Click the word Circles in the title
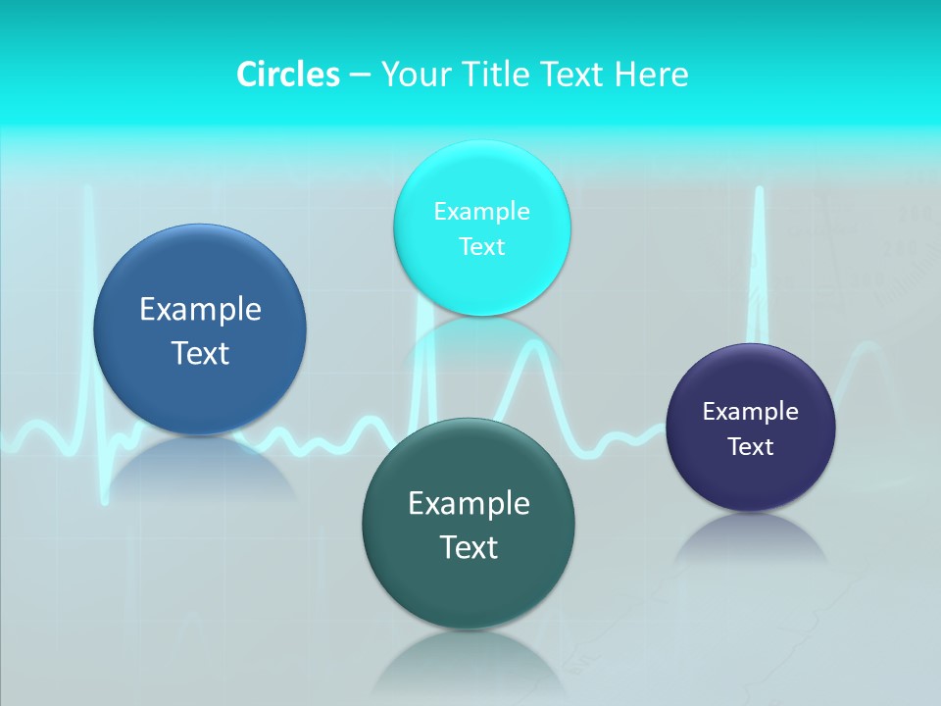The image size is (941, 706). point(288,75)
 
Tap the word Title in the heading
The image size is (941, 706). point(498,75)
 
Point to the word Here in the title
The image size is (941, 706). point(652,75)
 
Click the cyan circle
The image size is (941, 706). point(481,228)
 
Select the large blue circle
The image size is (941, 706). point(200,329)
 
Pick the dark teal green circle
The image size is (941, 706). point(469,524)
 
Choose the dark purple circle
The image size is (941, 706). point(751,428)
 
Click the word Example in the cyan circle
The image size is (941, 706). point(481,211)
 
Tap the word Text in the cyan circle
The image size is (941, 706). point(481,246)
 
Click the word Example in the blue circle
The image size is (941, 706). point(200,309)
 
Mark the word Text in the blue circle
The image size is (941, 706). point(200,353)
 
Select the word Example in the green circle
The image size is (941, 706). point(469,503)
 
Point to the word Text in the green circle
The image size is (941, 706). point(469,547)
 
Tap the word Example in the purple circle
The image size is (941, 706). point(751,411)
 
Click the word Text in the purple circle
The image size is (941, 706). point(751,446)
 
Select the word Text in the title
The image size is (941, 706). point(573,75)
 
